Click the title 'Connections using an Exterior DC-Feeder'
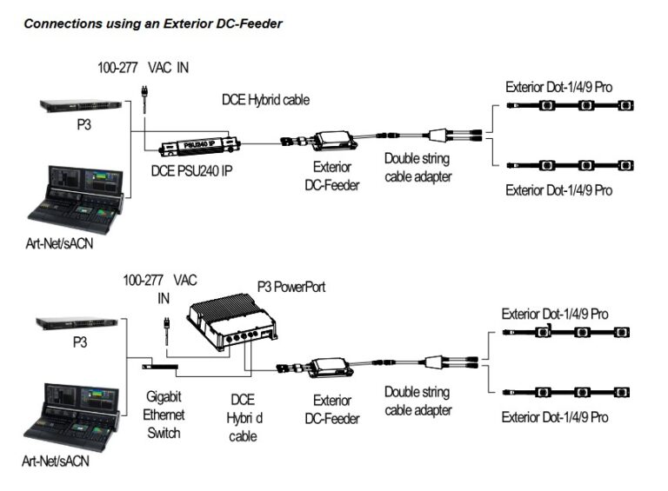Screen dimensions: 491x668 click(152, 24)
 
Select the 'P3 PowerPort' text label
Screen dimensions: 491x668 click(291, 287)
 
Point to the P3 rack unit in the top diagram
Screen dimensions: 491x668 click(79, 106)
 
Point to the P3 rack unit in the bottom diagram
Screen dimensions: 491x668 click(77, 323)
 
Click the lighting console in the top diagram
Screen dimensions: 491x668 click(79, 197)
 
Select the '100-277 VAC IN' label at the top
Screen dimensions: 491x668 click(144, 67)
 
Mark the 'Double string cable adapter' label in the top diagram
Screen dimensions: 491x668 click(418, 168)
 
